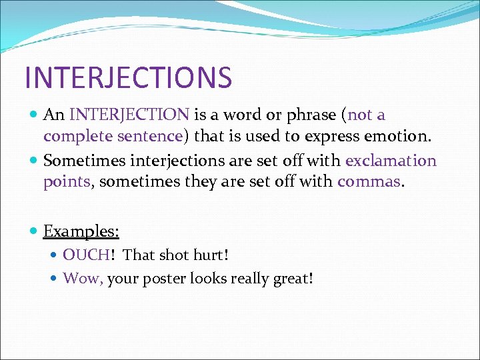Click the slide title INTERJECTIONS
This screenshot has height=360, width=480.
(128, 77)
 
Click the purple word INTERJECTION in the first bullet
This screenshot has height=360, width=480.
(129, 115)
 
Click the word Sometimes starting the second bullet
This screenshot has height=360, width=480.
(85, 161)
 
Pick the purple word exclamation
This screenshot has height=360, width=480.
(391, 161)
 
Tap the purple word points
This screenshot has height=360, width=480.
(67, 183)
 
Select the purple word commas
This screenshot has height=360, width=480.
(369, 182)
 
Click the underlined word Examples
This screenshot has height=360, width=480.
(81, 231)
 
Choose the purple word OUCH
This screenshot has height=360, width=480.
(86, 255)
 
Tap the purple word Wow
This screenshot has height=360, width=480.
(83, 278)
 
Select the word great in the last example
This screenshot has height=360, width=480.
(293, 279)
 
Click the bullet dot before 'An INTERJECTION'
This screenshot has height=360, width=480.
(33, 115)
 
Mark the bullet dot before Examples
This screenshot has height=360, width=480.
(33, 231)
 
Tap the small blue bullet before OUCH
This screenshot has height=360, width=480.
(53, 255)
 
